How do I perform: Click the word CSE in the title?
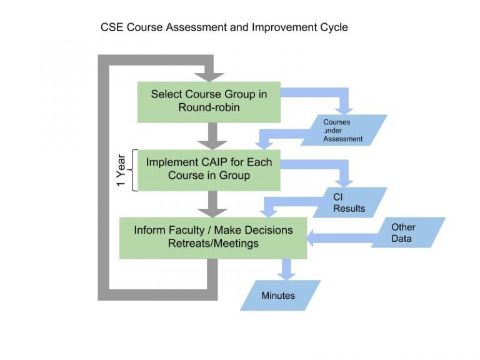tap(112, 27)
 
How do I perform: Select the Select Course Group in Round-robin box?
tap(209, 102)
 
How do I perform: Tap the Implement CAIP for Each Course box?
tap(209, 170)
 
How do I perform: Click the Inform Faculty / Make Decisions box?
tap(213, 238)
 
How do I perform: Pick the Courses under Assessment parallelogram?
tap(344, 130)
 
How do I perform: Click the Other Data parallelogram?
tap(408, 232)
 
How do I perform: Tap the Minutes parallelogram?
tap(280, 296)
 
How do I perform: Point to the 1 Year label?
tap(121, 170)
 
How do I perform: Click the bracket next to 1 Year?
tap(134, 170)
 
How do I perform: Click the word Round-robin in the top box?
tap(209, 107)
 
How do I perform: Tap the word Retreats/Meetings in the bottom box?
tap(213, 243)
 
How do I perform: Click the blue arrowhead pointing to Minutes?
tap(286, 276)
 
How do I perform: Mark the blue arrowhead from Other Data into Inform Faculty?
tap(310, 238)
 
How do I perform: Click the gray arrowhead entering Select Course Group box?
tap(209, 77)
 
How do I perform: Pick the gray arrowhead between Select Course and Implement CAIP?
tap(212, 146)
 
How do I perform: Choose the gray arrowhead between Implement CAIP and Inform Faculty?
tap(212, 213)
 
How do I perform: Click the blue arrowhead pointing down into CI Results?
tap(344, 183)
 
